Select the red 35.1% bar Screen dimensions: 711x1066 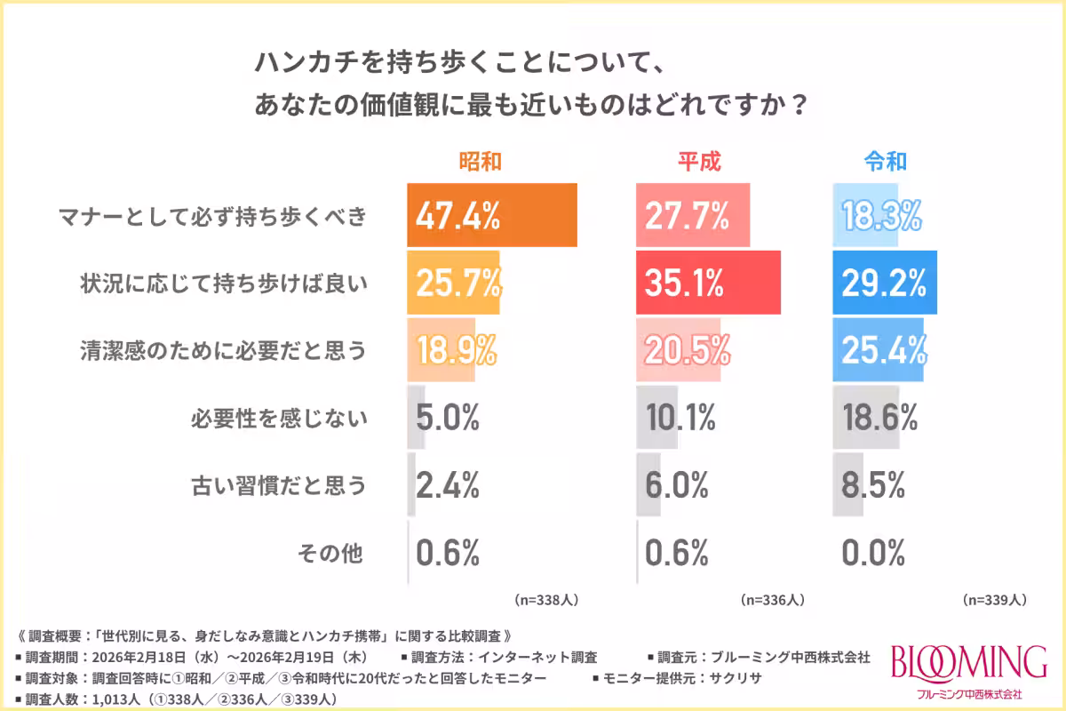coord(708,283)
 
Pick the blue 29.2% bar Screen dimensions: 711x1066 coord(885,283)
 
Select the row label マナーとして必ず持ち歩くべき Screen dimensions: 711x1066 coord(211,216)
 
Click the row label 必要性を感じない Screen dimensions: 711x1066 coord(279,418)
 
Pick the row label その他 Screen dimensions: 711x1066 coord(330,553)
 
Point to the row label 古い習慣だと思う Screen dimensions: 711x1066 coord(279,485)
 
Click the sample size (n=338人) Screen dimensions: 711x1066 coord(546,600)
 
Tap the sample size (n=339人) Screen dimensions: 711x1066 coord(995,600)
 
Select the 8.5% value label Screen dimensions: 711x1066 coord(873,485)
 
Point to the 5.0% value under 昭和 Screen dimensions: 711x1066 coord(448,417)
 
